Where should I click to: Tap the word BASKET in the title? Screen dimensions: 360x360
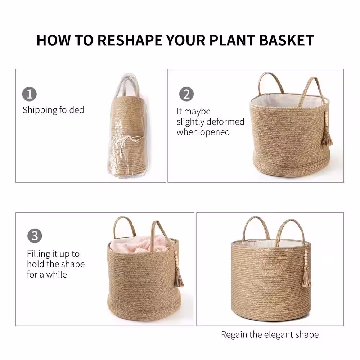click(287, 40)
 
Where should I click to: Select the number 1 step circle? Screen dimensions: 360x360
click(30, 94)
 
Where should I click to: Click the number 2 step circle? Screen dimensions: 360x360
click(186, 94)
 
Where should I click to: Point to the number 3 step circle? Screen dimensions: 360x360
click(35, 236)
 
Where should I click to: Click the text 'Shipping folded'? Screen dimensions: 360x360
click(53, 110)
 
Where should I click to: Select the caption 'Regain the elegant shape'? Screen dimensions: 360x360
click(270, 335)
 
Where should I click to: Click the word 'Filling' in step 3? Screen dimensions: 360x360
click(39, 254)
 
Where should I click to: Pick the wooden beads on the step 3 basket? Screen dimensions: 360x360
click(176, 259)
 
